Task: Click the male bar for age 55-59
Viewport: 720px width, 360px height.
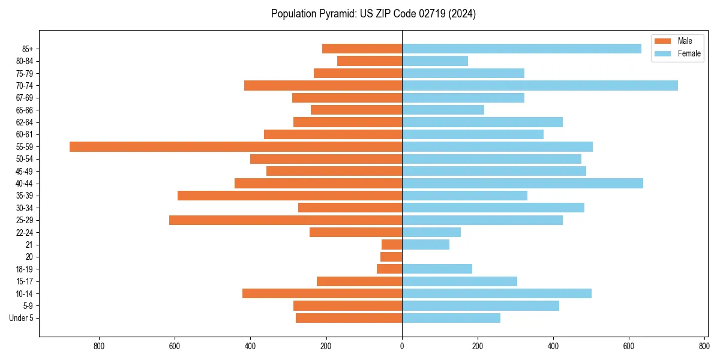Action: coord(236,146)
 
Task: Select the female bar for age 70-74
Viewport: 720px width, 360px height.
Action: coord(540,85)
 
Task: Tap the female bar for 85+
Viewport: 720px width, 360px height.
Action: coord(521,49)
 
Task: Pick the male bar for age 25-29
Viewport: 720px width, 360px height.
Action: coord(286,220)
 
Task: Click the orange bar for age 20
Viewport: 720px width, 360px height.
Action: coord(391,257)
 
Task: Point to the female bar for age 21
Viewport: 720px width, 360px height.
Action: coord(425,245)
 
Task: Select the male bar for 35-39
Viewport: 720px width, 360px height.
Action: coord(290,196)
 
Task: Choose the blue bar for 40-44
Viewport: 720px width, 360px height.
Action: coord(523,183)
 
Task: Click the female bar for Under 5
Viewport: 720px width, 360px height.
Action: coord(451,318)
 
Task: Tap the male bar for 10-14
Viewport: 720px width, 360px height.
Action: coord(322,293)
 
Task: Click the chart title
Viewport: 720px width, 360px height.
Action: coord(373,14)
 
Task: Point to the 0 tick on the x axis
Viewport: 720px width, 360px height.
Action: coord(402,346)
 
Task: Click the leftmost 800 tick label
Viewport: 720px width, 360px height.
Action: coord(100,346)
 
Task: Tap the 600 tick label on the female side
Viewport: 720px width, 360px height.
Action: coord(629,346)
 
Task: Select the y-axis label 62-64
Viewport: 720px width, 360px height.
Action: coord(25,122)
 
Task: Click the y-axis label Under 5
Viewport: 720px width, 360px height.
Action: coord(22,318)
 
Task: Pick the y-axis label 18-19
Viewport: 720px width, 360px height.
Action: coord(25,269)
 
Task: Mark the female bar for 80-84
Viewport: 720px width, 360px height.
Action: coord(435,61)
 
